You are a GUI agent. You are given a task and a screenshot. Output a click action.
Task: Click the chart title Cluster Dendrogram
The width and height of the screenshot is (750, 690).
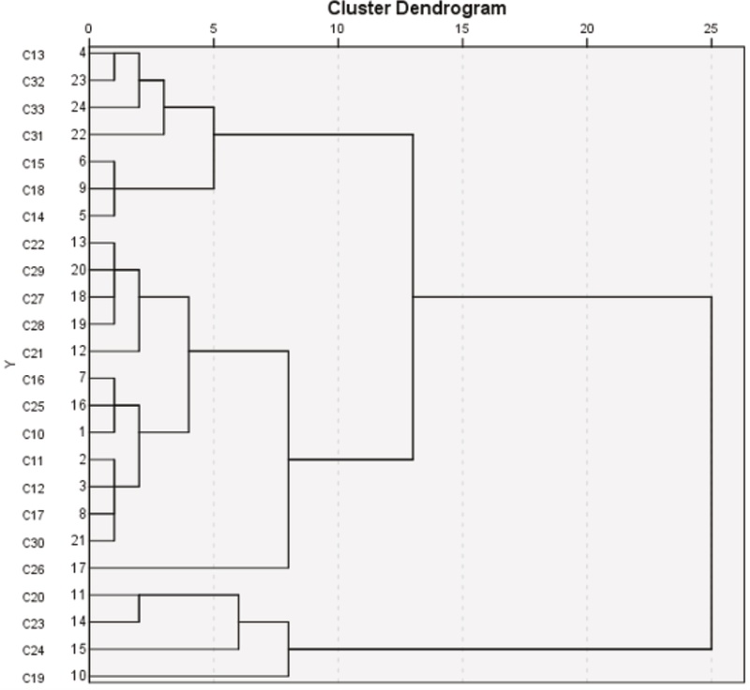click(x=416, y=8)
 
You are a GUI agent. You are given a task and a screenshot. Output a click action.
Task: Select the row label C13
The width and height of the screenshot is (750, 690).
click(x=34, y=53)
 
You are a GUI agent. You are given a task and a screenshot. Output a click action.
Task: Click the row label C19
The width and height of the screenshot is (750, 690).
click(x=34, y=676)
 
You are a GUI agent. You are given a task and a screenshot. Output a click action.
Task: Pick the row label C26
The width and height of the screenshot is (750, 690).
click(x=34, y=568)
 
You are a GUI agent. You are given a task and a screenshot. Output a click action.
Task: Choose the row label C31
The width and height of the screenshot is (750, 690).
click(x=34, y=135)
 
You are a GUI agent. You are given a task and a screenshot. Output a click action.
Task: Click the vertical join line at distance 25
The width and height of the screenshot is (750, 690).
click(x=712, y=469)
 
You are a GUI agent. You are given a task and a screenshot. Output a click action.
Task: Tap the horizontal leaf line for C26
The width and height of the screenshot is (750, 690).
click(x=187, y=567)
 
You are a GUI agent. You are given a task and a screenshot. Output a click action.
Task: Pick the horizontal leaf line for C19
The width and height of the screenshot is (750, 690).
click(x=187, y=675)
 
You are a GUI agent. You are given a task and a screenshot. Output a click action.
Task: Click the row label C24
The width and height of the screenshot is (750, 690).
click(x=34, y=649)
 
